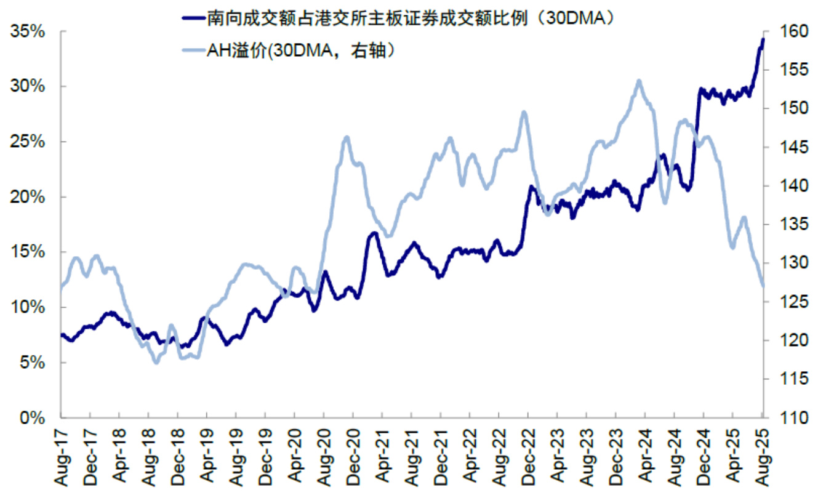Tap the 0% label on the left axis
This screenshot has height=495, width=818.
click(x=33, y=418)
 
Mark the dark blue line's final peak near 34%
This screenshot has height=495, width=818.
click(x=763, y=39)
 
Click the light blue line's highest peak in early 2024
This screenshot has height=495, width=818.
click(x=639, y=81)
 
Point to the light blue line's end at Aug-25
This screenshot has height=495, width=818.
click(x=763, y=286)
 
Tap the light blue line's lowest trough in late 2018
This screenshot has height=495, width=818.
click(x=156, y=362)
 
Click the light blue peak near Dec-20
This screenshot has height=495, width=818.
click(x=347, y=137)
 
